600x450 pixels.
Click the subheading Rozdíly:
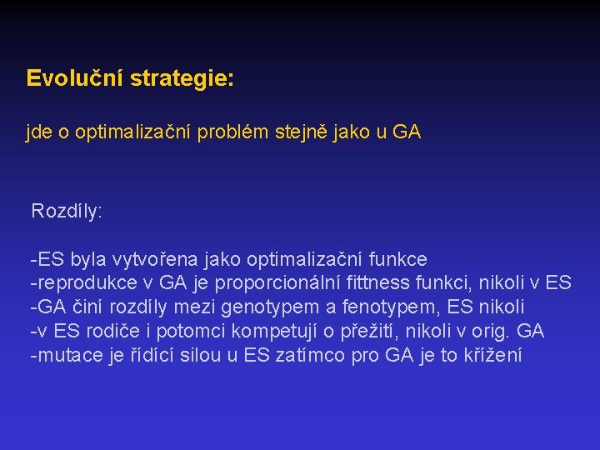67,212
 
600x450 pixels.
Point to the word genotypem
263,307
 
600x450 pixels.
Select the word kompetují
259,332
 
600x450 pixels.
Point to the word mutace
62,356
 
